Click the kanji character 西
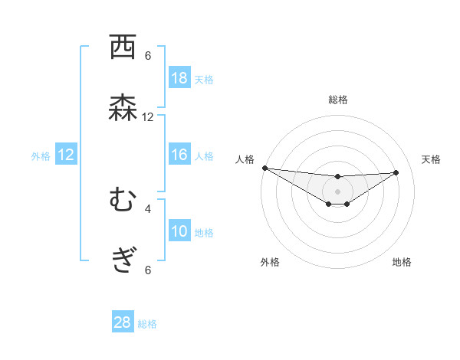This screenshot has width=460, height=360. coord(123,47)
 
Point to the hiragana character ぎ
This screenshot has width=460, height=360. coord(123,262)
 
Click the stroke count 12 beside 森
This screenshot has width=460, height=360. coord(148,117)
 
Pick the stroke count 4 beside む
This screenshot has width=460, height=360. coord(148,208)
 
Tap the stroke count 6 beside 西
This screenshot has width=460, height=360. coord(148,56)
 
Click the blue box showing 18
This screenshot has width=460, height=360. coord(179,78)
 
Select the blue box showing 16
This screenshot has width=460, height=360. coord(179,155)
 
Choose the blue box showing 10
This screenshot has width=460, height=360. coord(179,231)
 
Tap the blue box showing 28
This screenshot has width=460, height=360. coord(123,323)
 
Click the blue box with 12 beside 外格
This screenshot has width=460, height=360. coord(66,155)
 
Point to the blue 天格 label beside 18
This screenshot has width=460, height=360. coord(204,79)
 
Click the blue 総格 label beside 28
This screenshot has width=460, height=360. coord(147,324)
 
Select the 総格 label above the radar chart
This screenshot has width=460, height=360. coord(338,100)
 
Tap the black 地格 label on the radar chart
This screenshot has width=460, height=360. coord(402,262)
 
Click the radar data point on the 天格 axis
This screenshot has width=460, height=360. coord(396,172)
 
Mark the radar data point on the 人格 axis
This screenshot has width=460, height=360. coord(264,168)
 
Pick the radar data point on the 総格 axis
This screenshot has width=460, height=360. coord(338,177)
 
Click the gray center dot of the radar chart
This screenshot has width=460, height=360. coord(338,191)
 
